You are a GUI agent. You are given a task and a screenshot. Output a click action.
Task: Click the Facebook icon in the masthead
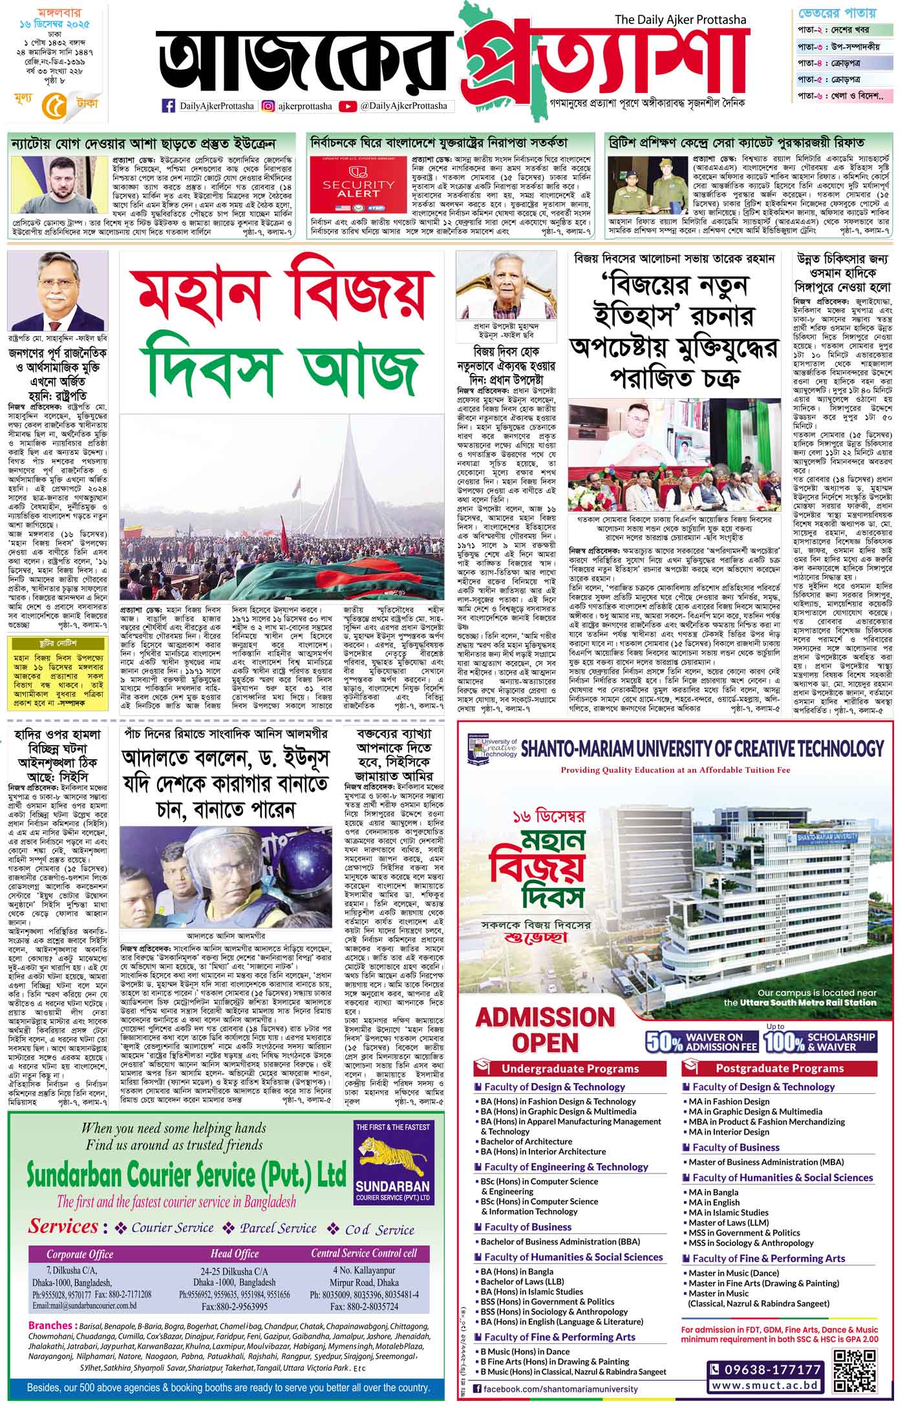pyautogui.click(x=168, y=106)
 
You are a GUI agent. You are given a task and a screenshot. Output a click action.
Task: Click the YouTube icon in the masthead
pyautogui.click(x=347, y=106)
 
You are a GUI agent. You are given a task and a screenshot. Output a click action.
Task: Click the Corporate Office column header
pyautogui.click(x=80, y=1254)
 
